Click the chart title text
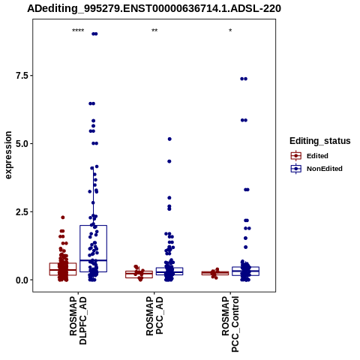click(x=154, y=8)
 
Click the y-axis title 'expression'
click(x=8, y=155)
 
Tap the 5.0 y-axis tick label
click(x=21, y=144)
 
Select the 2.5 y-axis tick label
click(x=21, y=212)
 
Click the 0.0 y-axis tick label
click(x=21, y=280)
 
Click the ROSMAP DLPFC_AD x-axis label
click(x=78, y=320)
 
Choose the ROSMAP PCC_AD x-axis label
click(x=154, y=316)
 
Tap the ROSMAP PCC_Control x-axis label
click(x=230, y=324)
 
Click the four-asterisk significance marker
click(x=78, y=31)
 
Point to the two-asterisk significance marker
click(x=154, y=31)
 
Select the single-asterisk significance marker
click(x=230, y=31)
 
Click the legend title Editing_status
click(x=320, y=141)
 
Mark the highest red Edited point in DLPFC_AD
click(x=63, y=217)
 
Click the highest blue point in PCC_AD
click(x=169, y=139)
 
